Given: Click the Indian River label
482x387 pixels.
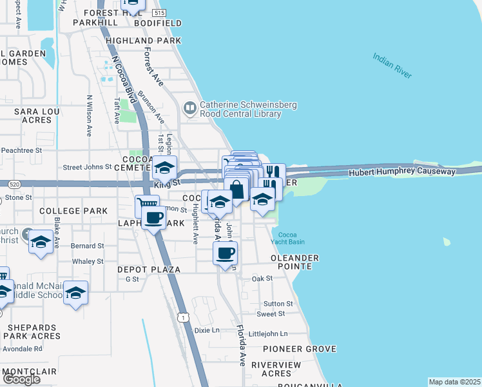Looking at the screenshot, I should click(392, 66).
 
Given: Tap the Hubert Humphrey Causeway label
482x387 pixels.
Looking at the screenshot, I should click(402, 172).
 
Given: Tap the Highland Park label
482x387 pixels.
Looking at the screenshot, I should click(143, 41).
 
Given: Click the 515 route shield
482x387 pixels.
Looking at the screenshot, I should click(160, 13).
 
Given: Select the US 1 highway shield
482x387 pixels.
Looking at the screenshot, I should click(184, 317).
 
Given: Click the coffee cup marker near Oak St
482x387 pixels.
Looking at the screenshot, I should click(225, 253).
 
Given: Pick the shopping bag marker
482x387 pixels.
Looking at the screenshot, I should click(237, 190).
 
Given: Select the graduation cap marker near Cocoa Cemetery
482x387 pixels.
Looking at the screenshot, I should click(164, 168).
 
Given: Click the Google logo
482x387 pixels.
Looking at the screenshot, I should click(21, 379).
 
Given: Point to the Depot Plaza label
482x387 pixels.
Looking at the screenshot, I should click(148, 269).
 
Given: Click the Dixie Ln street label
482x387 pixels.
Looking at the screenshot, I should click(207, 330).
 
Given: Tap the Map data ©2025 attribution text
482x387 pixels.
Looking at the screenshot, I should click(455, 382).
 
